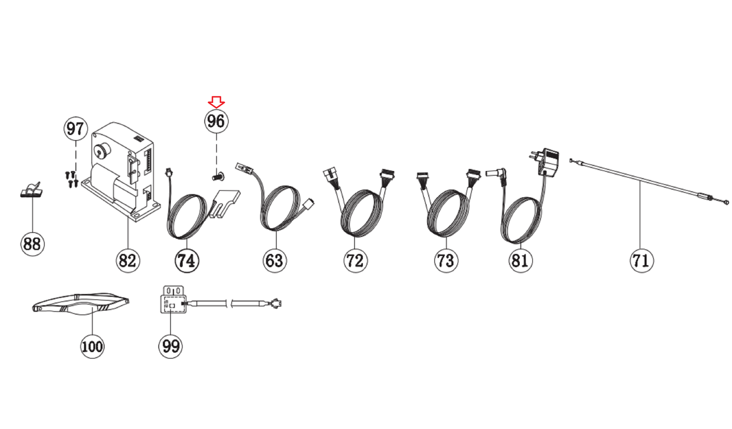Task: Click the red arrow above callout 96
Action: [x=216, y=102]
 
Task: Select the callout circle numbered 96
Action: [x=216, y=121]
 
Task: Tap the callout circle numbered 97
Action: [x=75, y=128]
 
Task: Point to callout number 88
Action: [x=32, y=244]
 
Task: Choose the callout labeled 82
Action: [x=128, y=260]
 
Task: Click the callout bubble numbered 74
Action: [x=187, y=260]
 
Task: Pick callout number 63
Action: [x=274, y=260]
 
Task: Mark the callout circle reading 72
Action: [x=355, y=260]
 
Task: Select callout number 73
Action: [x=446, y=260]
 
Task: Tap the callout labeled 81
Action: [x=520, y=260]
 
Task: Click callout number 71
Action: [x=642, y=260]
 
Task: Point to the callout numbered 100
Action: [x=92, y=346]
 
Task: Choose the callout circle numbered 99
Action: [x=170, y=346]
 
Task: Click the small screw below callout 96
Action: [x=218, y=176]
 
